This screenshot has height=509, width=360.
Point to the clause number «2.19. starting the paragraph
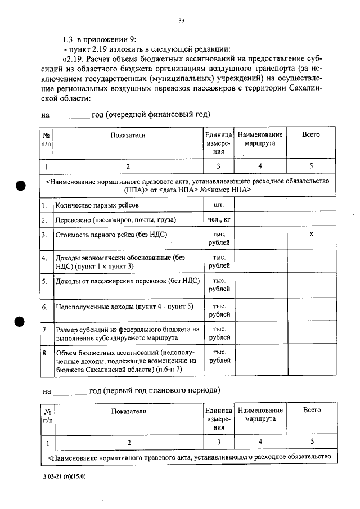click(75, 59)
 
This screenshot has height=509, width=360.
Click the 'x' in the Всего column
click(311, 233)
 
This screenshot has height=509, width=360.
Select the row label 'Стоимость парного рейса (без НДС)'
click(111, 234)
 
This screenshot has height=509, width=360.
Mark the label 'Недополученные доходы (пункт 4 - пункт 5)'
click(124, 307)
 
